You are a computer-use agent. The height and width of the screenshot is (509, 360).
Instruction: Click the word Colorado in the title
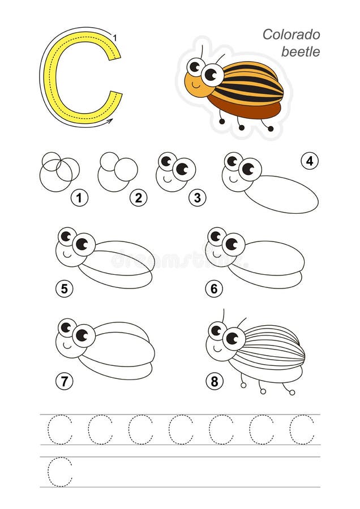point(291,34)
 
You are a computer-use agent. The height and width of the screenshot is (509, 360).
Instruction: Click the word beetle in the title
point(301,52)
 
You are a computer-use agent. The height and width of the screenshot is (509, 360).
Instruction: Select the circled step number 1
point(80,198)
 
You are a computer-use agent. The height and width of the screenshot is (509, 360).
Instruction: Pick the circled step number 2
point(138,198)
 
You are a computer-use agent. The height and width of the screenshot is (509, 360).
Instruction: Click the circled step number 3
point(197,197)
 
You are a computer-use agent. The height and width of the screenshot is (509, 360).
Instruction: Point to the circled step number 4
point(309,161)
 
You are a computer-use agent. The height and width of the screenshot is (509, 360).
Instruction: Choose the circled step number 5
point(64,289)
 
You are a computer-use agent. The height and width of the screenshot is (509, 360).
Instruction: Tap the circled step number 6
point(213,289)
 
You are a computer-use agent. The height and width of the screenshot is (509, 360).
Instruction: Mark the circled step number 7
point(64,381)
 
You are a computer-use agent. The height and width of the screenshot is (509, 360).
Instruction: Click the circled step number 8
point(214,382)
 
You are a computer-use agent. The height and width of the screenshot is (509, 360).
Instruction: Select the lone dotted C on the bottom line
point(60,472)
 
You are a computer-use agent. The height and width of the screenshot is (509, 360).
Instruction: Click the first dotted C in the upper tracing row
point(60,429)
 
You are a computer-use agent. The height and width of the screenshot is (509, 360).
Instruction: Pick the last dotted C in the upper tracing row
point(302,429)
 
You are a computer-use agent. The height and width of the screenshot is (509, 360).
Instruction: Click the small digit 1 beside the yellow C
point(115,38)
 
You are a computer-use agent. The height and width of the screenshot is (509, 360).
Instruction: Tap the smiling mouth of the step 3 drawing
point(167,176)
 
